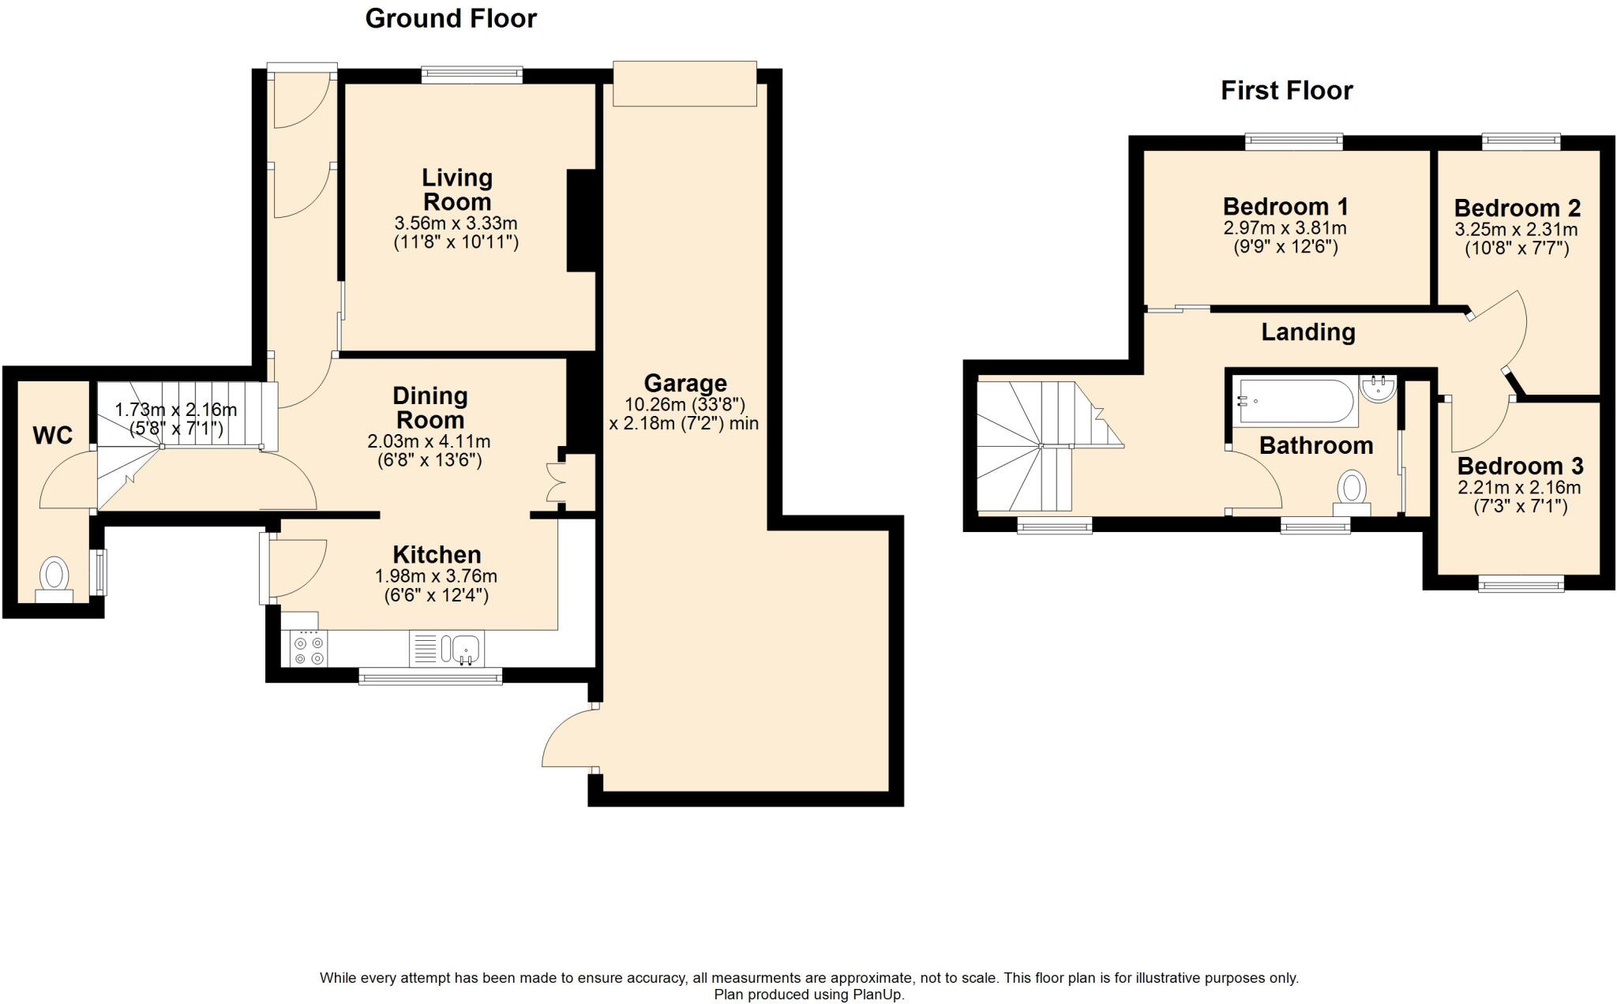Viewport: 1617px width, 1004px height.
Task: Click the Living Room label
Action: click(x=456, y=189)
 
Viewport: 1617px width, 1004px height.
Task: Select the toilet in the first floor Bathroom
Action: click(x=1352, y=489)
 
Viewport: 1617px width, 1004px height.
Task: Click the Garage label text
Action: click(x=685, y=384)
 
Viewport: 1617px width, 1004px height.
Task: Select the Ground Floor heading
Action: click(x=451, y=18)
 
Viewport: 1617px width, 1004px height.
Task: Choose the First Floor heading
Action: click(x=1286, y=90)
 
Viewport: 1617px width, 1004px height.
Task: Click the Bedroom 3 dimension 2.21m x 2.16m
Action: click(x=1519, y=488)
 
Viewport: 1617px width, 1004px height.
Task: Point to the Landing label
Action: click(x=1307, y=332)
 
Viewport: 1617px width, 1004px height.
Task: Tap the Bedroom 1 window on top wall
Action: click(x=1294, y=142)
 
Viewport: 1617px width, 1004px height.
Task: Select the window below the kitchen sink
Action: click(x=430, y=676)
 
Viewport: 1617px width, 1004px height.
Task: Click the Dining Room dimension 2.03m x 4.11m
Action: click(x=429, y=441)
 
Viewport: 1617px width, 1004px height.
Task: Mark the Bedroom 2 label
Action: click(x=1517, y=208)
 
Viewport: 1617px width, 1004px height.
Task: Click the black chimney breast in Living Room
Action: click(x=581, y=221)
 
